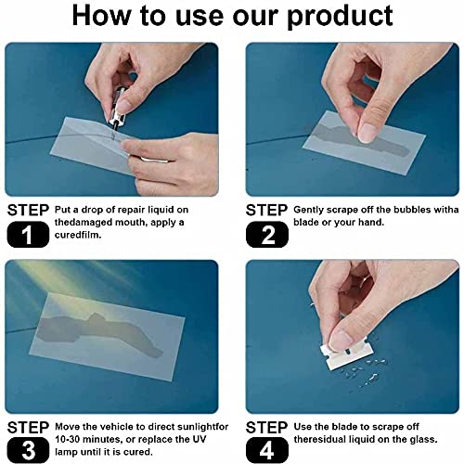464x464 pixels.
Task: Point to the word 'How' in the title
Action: point(105,16)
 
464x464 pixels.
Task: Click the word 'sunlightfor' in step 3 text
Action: point(189,424)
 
